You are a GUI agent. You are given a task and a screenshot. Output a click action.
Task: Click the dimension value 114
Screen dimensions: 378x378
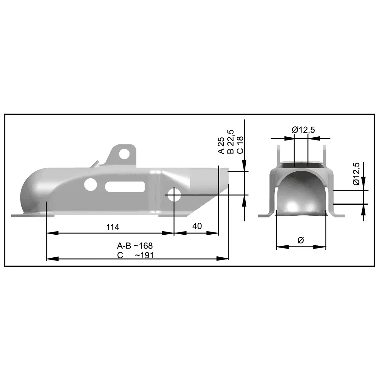coord(112,227)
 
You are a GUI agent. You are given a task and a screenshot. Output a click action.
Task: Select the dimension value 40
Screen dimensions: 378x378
coord(197,226)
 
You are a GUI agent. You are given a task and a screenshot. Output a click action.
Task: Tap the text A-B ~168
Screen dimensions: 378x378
coord(135,246)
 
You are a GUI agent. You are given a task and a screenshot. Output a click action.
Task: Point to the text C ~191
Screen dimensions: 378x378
coord(135,255)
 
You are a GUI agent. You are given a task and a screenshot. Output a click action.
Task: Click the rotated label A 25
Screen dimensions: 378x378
coord(221,145)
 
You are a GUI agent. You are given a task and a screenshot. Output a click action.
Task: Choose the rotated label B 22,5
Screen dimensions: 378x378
coord(231,142)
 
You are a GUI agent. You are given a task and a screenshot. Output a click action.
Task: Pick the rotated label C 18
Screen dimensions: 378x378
coord(240,145)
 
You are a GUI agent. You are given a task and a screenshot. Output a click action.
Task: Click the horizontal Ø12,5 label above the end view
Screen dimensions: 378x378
coord(303,130)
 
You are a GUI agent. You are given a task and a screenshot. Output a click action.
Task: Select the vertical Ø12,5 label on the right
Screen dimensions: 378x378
coord(356,174)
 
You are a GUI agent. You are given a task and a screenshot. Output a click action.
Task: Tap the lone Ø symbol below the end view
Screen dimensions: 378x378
coord(301,240)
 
